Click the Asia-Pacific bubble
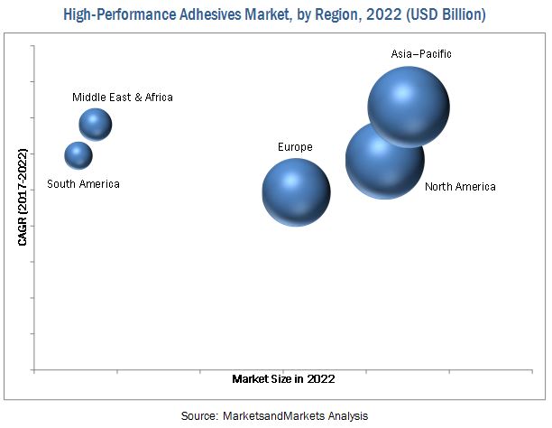click(409, 107)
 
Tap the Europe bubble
click(296, 191)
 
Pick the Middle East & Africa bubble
click(95, 125)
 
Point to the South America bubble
click(78, 155)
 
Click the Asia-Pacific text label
click(421, 54)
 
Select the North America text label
click(460, 187)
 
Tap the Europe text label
click(295, 146)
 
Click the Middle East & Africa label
click(124, 97)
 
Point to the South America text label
click(83, 184)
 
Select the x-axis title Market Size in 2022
click(283, 379)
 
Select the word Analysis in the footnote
click(347, 415)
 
